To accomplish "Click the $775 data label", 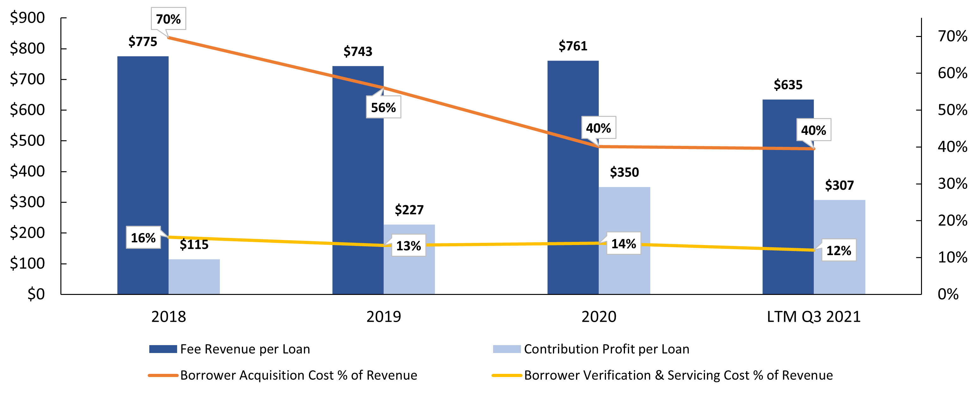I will tap(143, 42).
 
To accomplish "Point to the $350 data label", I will tap(624, 172).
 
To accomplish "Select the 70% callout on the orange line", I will tap(168, 19).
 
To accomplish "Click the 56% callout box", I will tap(383, 108).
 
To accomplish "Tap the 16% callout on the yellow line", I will tap(143, 238).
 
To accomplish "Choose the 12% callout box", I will tap(838, 250).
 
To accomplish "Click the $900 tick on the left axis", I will tap(27, 18).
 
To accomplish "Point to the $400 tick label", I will tap(27, 171).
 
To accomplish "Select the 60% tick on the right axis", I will tap(952, 73).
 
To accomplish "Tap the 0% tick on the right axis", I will tap(948, 294).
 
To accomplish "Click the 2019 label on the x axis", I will tap(383, 317).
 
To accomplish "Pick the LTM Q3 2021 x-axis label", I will tap(813, 317).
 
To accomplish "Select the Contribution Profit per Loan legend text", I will tap(606, 349).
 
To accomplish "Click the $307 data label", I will tap(839, 186).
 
